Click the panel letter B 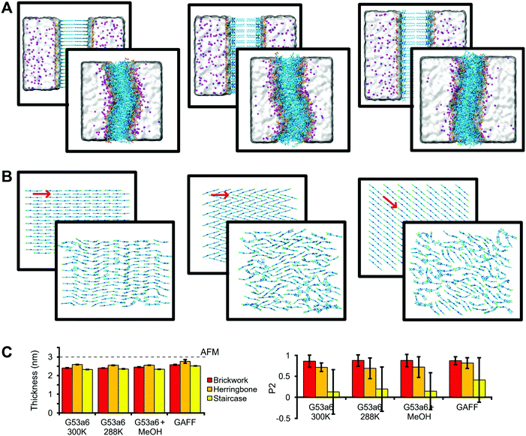[7, 180]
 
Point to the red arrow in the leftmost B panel [42, 194]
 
